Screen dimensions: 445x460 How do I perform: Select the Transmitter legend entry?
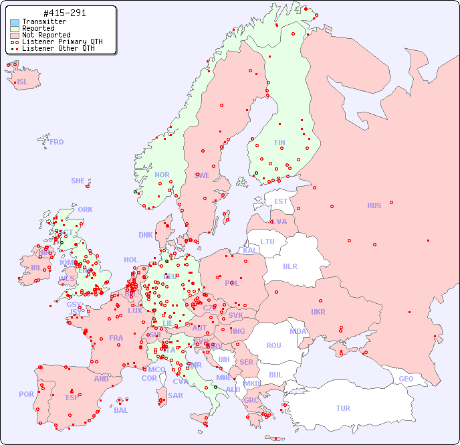(43, 22)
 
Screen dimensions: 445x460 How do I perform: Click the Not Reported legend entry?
(45, 35)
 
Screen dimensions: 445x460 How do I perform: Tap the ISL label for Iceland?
(23, 82)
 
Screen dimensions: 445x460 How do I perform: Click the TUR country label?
(343, 408)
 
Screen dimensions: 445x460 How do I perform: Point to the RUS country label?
(374, 205)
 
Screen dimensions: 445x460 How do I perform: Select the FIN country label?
(279, 143)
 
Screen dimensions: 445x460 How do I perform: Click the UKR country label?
(318, 312)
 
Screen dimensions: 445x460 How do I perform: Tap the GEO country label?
(406, 379)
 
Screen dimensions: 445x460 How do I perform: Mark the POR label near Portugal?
(26, 394)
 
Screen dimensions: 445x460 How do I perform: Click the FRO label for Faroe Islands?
(57, 142)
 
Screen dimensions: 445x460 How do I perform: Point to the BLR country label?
(290, 266)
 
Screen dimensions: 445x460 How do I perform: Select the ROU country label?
(273, 345)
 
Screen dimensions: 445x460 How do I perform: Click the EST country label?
(281, 201)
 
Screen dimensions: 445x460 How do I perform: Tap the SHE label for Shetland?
(78, 181)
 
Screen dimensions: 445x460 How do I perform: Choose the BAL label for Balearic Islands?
(121, 410)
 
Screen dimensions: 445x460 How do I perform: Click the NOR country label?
(162, 175)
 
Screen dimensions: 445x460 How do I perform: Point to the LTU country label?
(267, 242)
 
